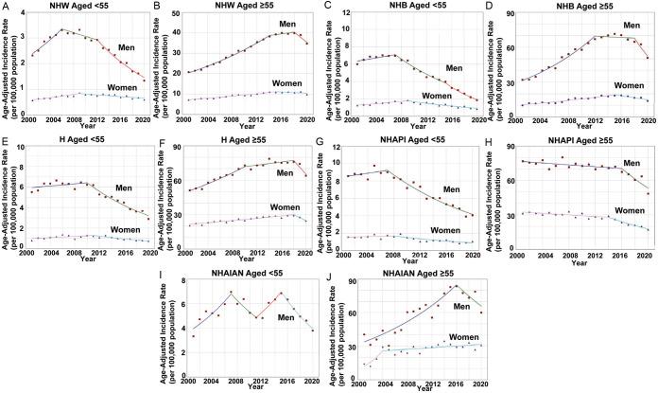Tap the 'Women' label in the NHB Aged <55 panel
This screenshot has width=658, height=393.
pyautogui.click(x=438, y=96)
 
